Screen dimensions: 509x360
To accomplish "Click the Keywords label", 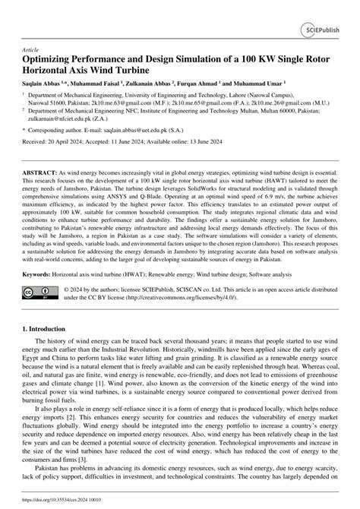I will (x=43, y=294).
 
